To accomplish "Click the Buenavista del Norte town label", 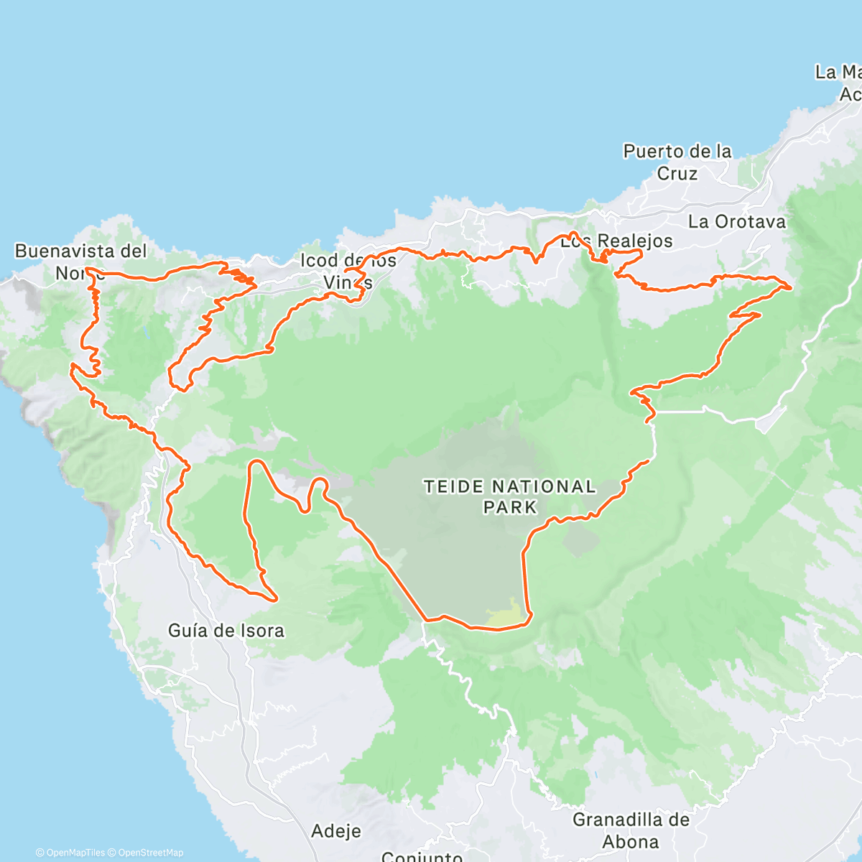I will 80,261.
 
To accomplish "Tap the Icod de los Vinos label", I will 348,271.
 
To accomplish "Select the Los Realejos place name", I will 616,241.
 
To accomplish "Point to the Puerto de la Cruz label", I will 677,162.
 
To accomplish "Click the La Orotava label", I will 737,221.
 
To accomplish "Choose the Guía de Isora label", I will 226,631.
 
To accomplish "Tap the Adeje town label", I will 336,831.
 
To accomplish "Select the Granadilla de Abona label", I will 631,830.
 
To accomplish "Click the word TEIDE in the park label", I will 453,487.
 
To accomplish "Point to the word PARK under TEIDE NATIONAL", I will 509,507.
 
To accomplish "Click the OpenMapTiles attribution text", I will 70,853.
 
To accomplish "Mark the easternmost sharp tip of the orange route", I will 791,287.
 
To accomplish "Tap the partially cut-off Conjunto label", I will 422,856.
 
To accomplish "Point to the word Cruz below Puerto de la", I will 677,174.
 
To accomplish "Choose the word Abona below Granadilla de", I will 631,842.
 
